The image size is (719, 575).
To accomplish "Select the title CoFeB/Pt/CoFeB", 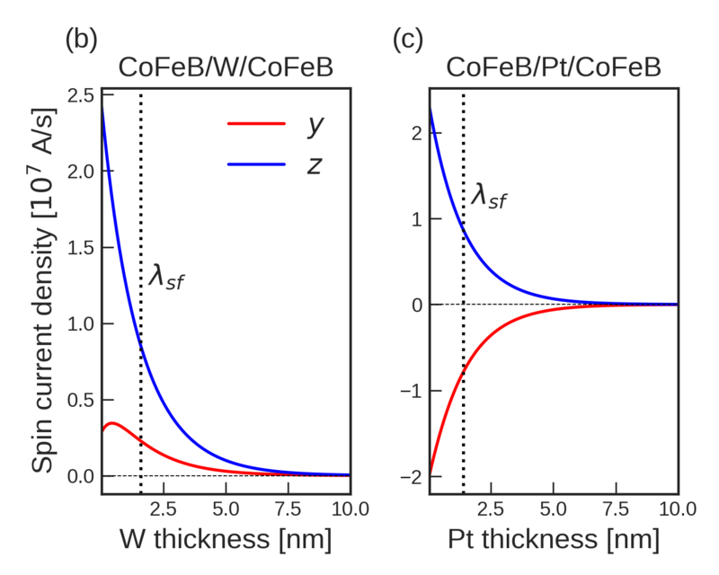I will tap(554, 69).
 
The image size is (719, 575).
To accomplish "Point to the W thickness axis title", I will tap(226, 540).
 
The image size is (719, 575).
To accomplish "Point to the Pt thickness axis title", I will tap(554, 540).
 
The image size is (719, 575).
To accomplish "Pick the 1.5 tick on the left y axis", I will tap(81, 248).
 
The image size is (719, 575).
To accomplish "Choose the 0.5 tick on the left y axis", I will tap(81, 400).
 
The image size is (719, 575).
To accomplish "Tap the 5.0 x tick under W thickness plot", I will tap(226, 508).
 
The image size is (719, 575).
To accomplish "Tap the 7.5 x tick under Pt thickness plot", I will tap(616, 508).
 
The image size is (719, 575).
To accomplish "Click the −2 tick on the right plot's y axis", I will tap(412, 476).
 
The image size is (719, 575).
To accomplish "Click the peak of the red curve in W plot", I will tap(111, 422).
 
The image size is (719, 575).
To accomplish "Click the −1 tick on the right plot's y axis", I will tap(412, 391).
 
